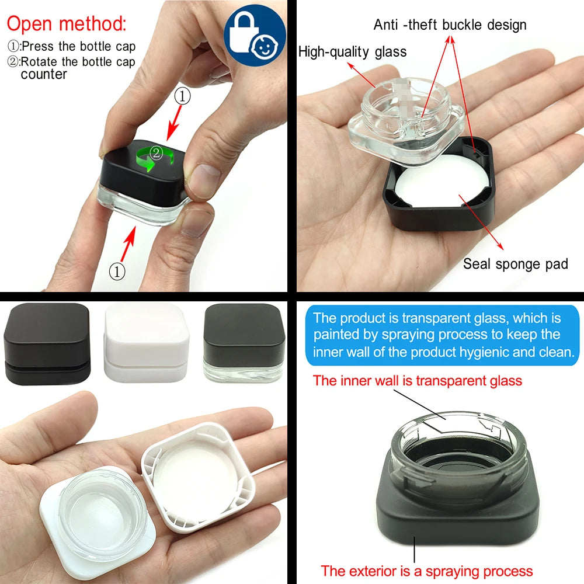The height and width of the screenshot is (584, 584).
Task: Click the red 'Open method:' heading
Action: click(x=67, y=23)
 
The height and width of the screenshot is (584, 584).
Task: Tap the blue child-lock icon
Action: click(x=255, y=35)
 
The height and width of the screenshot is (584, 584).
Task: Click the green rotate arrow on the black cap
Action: click(x=155, y=158)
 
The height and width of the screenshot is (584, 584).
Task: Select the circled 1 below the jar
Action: click(x=117, y=272)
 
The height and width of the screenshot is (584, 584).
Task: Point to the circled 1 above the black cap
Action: click(x=182, y=96)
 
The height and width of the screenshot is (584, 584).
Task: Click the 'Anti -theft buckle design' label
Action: click(x=450, y=25)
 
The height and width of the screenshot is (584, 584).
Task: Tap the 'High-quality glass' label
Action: click(x=352, y=52)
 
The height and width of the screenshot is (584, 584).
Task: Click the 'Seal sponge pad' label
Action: click(x=516, y=264)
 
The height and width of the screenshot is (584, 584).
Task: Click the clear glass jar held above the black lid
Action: click(x=406, y=119)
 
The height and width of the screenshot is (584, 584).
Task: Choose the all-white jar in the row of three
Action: click(x=146, y=342)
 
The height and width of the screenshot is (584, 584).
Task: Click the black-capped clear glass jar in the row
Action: click(x=244, y=343)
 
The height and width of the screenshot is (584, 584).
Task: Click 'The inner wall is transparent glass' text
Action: click(x=417, y=381)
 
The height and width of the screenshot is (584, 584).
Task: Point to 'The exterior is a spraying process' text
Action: click(x=427, y=571)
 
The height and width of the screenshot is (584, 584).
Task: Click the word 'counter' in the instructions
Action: click(x=44, y=75)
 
